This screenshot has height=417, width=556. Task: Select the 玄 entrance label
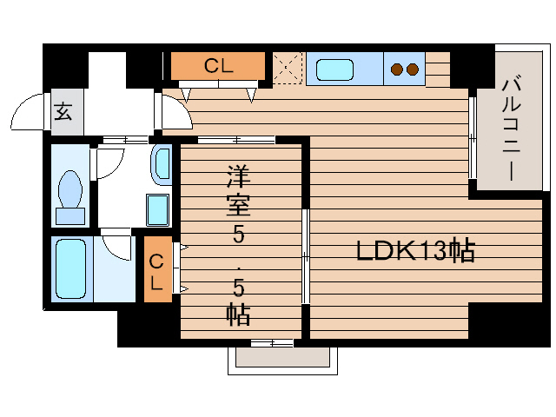tap(63, 111)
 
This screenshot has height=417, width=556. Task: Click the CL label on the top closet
tap(217, 65)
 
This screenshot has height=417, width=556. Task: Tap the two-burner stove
tap(403, 68)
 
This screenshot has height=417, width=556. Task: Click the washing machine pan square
tap(157, 210)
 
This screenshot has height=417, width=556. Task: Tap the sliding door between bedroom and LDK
tap(305, 256)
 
